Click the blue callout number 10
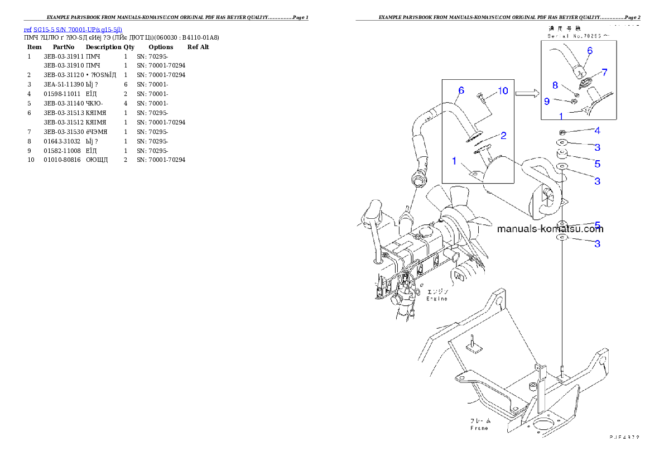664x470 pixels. click(x=503, y=91)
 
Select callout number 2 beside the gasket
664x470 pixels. click(x=503, y=135)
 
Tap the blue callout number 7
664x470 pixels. click(x=604, y=73)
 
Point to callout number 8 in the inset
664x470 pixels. click(x=555, y=85)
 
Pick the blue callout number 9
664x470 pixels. click(x=547, y=101)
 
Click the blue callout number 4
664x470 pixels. click(x=597, y=131)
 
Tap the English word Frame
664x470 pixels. click(x=479, y=428)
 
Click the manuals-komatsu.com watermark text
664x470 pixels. click(x=550, y=228)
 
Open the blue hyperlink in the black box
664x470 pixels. click(x=73, y=30)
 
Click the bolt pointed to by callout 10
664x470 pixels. click(x=481, y=100)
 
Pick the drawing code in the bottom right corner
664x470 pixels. click(x=624, y=437)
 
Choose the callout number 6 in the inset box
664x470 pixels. click(x=589, y=50)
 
